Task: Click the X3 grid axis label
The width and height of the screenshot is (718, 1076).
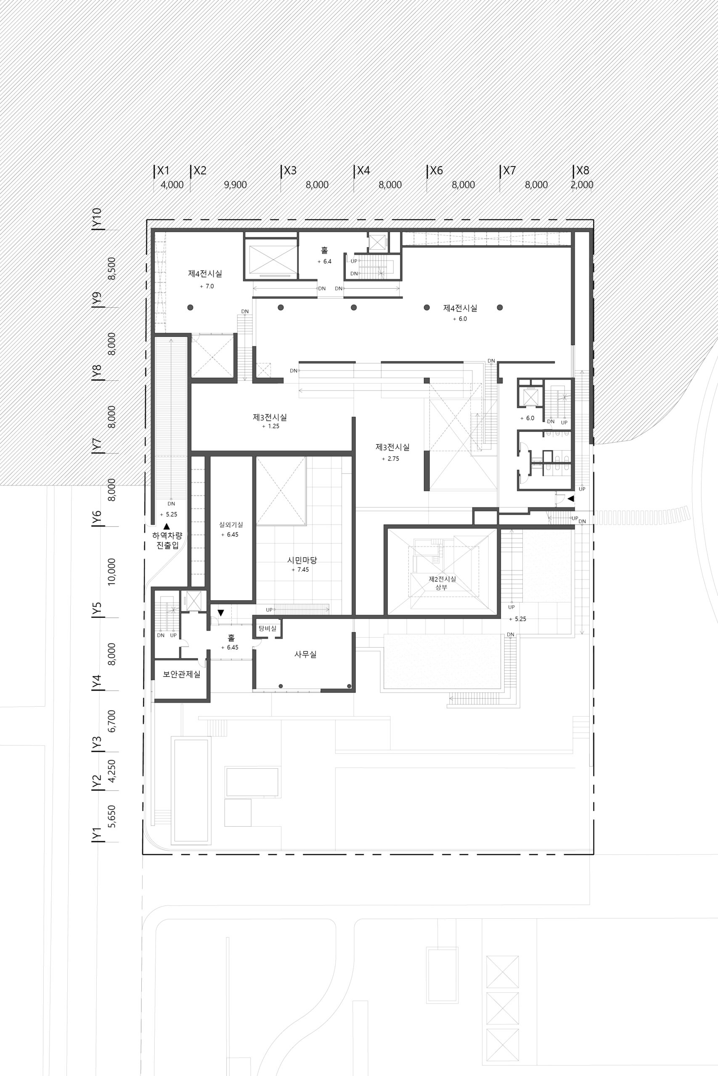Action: (290, 171)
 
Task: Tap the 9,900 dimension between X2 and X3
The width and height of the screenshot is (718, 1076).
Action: (236, 185)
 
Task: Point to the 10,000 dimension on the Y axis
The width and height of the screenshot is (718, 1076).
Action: (111, 572)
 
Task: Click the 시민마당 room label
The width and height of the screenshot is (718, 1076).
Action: (302, 560)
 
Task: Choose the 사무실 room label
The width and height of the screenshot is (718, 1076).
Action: (305, 654)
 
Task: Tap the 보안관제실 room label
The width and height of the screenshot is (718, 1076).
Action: (181, 674)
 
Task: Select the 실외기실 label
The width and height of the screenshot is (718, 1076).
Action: (231, 525)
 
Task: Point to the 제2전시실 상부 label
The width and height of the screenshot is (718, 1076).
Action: (442, 583)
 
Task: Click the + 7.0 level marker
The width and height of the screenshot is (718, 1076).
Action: (207, 286)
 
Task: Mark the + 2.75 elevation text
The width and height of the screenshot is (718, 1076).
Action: (391, 459)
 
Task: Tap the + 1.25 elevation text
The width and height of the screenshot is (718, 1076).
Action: (270, 426)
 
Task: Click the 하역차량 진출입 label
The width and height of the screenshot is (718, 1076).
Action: (167, 540)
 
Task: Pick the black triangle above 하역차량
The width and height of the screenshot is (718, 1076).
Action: (167, 527)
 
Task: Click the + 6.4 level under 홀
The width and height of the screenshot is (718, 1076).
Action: (324, 262)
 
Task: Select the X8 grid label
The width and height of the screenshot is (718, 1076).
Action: (583, 171)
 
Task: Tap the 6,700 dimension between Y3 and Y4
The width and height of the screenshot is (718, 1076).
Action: (111, 721)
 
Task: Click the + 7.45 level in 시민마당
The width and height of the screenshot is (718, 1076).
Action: (300, 570)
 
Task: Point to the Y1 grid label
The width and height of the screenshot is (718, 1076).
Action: (97, 833)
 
